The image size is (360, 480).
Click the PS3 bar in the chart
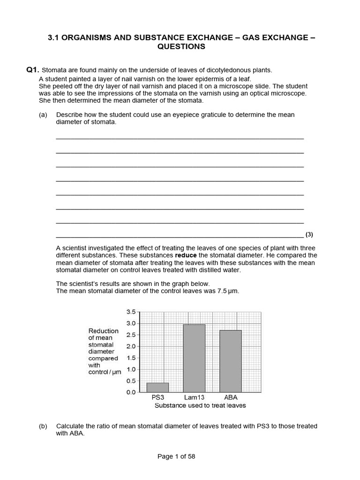(157, 387)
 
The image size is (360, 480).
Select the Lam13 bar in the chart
(194, 358)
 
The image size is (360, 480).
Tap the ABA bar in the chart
(230, 361)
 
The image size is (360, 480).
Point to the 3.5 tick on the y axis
(131, 312)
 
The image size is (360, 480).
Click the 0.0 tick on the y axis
(131, 392)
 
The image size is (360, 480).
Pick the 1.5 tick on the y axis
(131, 358)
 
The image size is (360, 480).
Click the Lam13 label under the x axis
(194, 397)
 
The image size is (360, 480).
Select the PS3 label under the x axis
(158, 397)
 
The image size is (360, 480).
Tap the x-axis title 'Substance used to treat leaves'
(200, 405)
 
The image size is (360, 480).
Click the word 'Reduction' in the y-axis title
(104, 331)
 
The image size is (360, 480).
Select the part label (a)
(43, 115)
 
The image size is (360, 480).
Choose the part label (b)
(43, 426)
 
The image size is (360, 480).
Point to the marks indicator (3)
(309, 234)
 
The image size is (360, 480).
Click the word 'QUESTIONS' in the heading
(181, 46)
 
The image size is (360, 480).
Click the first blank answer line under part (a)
(180, 138)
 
